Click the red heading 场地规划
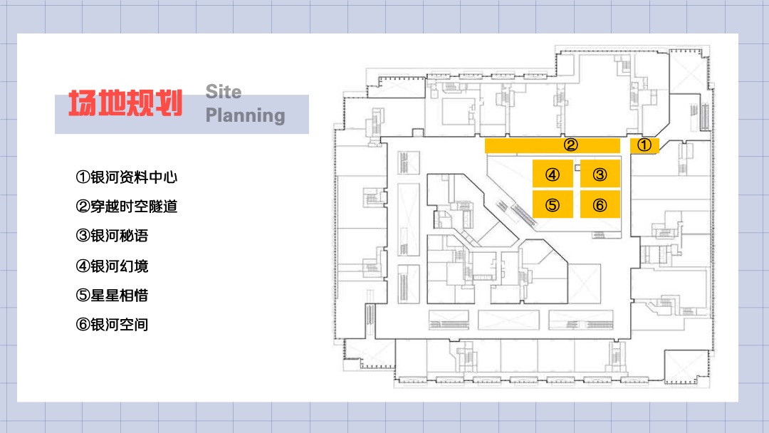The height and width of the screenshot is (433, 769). (x=125, y=104)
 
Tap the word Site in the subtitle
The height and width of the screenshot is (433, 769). (x=224, y=92)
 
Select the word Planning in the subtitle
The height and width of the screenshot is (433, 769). (x=245, y=115)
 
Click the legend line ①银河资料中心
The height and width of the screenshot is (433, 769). (x=126, y=177)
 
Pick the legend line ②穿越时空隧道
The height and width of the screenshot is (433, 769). (x=126, y=207)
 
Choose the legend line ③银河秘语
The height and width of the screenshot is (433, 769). (x=112, y=236)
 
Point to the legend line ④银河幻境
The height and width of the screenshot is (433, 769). (x=112, y=266)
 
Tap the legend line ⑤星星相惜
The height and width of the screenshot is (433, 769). (x=112, y=296)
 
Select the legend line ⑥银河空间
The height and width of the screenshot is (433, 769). (x=112, y=325)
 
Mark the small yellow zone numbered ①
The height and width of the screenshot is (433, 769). (x=644, y=146)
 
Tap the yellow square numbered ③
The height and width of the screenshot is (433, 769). (x=600, y=174)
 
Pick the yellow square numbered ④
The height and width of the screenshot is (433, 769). (x=553, y=174)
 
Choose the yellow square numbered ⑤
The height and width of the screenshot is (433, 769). (x=553, y=205)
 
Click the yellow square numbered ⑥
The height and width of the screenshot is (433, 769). (x=600, y=205)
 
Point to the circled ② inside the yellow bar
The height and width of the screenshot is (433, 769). (x=570, y=146)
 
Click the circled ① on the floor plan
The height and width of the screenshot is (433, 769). (x=644, y=145)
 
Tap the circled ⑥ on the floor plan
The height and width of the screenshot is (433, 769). (x=600, y=205)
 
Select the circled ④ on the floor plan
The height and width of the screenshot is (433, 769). (x=553, y=174)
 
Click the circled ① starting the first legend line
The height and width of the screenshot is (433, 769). (x=82, y=177)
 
